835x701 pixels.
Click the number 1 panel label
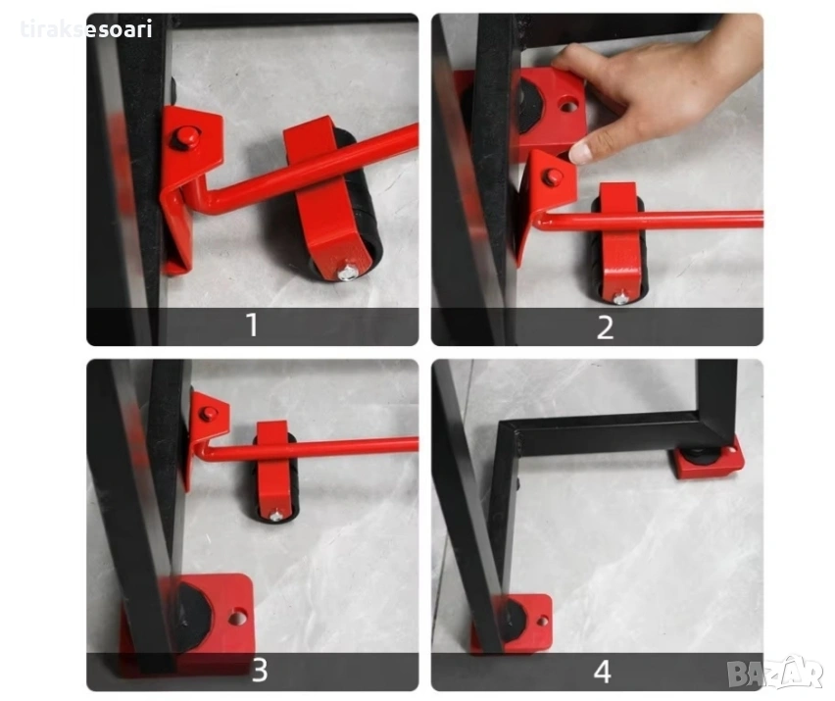tap(253, 325)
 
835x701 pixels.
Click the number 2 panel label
tap(605, 327)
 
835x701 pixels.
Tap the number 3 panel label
tap(260, 670)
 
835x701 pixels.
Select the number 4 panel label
tap(603, 672)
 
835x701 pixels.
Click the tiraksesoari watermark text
tap(87, 28)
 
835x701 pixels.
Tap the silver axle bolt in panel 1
tap(347, 273)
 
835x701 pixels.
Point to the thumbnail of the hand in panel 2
tap(581, 152)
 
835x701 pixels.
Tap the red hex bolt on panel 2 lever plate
tap(552, 176)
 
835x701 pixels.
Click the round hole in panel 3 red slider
tap(237, 618)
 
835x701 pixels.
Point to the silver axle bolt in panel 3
tap(275, 515)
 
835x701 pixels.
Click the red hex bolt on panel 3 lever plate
tap(208, 413)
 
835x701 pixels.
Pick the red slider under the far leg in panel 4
tap(710, 459)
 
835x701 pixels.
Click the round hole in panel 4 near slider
tap(543, 621)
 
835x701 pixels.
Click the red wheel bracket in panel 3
tap(274, 469)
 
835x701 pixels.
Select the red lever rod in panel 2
tap(650, 220)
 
